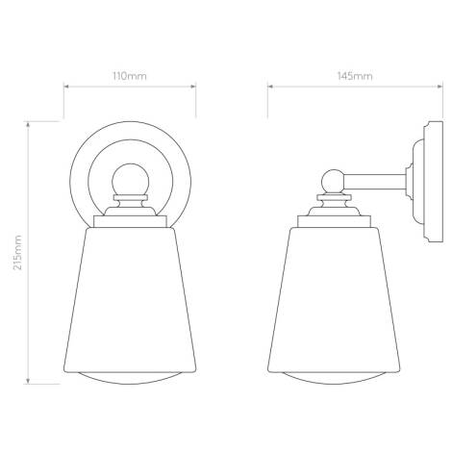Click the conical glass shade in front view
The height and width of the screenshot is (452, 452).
pos(130,298)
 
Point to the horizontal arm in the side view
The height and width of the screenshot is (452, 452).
pos(375,180)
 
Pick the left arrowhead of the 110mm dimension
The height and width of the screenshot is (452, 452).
pos(64,87)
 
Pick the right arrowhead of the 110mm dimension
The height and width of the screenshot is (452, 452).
pos(195,87)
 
